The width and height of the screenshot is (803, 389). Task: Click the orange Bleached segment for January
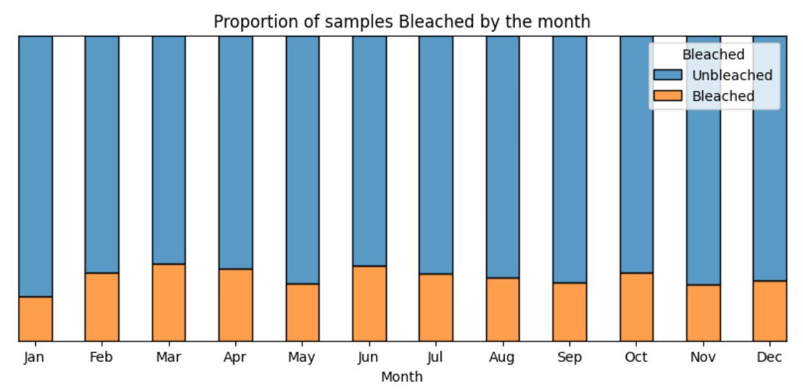coord(35,318)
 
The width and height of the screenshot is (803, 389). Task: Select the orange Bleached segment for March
coord(169,302)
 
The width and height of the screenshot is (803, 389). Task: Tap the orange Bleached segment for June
coord(369,304)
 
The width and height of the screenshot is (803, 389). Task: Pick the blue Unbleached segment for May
coord(303,160)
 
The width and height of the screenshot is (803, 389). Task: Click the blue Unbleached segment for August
coord(503,157)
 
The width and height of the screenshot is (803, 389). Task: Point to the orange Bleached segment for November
coord(704,313)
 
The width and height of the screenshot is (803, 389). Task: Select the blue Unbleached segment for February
coord(102,155)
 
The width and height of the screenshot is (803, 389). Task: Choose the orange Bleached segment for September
coord(570,312)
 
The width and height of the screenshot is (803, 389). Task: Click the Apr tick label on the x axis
coord(235,358)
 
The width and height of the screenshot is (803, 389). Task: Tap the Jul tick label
coord(435,357)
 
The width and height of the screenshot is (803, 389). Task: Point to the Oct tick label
coord(636,357)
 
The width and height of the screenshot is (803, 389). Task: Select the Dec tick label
coord(769,357)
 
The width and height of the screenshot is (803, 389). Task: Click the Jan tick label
coord(35,358)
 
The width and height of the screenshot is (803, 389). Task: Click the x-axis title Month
coord(402,377)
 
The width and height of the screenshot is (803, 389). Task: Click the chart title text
coord(402,22)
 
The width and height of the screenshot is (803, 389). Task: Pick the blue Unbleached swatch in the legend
coord(668,75)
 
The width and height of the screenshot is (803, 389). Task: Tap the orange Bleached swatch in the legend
coord(668,96)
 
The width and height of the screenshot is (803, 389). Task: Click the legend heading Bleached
coord(713,55)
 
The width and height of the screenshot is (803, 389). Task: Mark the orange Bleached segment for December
coord(770,311)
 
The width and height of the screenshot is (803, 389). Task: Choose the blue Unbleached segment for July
coord(436,155)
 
